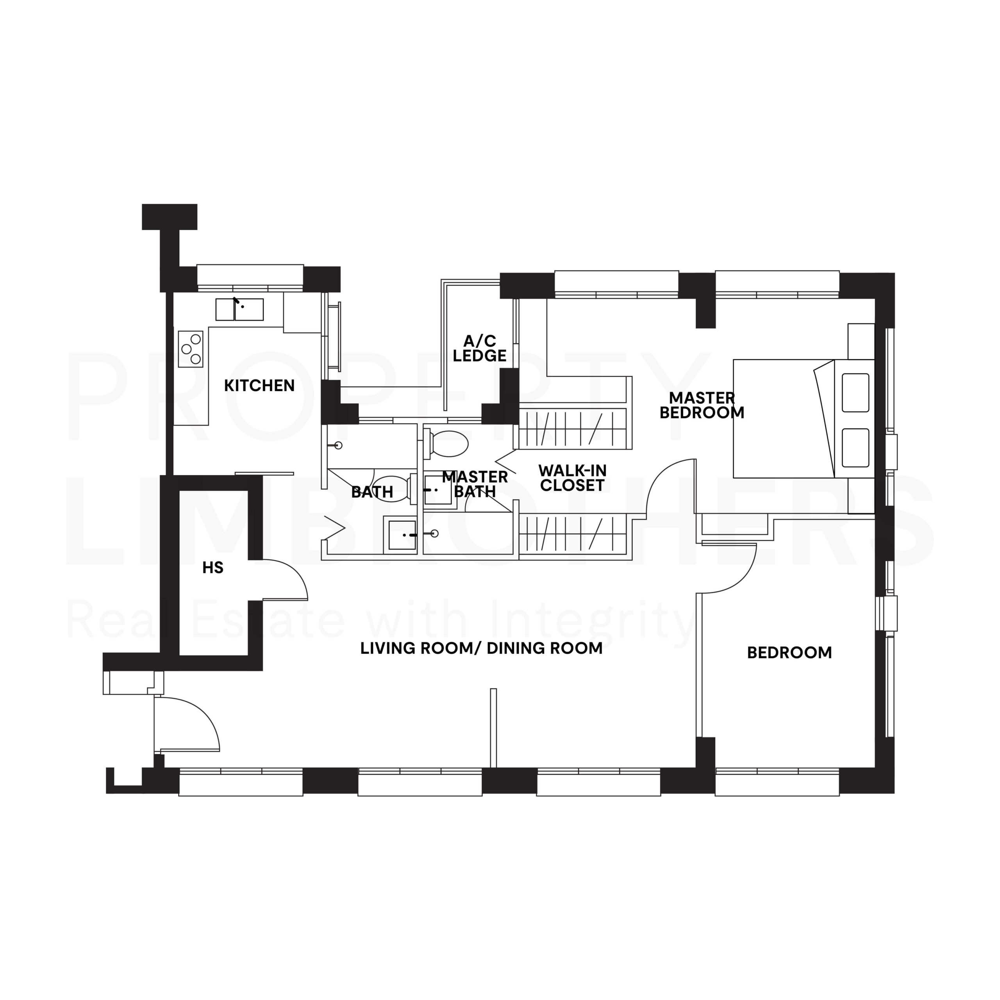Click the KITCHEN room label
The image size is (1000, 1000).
click(x=259, y=386)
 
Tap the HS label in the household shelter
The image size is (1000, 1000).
click(x=213, y=568)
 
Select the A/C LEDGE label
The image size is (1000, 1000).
click(x=479, y=348)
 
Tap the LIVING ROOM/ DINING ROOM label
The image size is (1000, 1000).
click(x=481, y=648)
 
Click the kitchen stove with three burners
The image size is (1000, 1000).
click(x=191, y=349)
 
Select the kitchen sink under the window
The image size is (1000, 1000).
click(x=239, y=309)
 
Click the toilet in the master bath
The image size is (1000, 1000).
click(x=448, y=444)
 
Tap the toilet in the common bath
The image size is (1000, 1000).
click(x=393, y=489)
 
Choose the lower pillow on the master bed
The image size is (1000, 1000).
click(x=855, y=447)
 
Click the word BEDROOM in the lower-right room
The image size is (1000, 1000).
click(x=789, y=653)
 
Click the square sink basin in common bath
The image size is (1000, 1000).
click(x=402, y=535)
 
